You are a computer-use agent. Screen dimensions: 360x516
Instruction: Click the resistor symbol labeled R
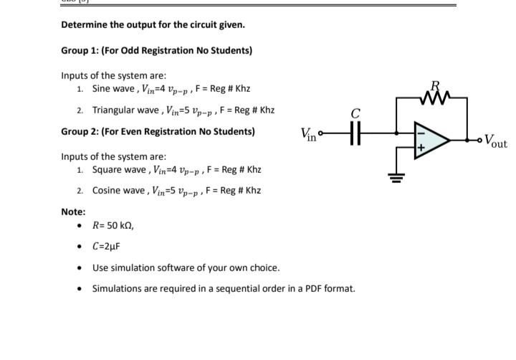(x=436, y=93)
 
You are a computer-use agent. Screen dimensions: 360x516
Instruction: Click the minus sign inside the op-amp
(x=421, y=133)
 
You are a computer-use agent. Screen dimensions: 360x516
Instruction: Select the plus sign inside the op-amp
(x=421, y=148)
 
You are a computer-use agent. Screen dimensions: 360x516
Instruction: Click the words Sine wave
(x=113, y=89)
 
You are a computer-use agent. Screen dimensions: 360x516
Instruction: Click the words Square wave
(x=119, y=170)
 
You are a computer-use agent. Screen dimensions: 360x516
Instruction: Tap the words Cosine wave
(x=119, y=191)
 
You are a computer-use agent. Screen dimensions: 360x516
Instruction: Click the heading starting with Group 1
(x=156, y=50)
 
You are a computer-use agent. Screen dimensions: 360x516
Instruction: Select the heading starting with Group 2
(x=158, y=132)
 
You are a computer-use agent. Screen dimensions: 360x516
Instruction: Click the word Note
(x=72, y=212)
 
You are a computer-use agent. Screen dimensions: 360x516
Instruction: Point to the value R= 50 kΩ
(x=113, y=225)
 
